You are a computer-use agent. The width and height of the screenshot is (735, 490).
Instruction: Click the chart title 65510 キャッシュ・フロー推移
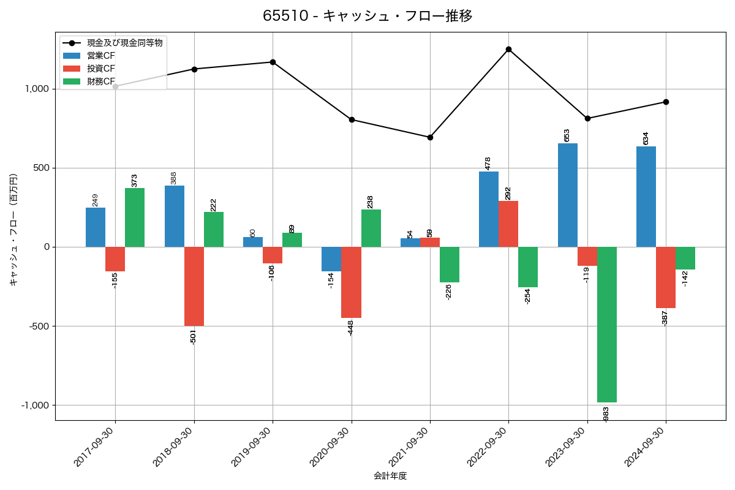tap(367, 16)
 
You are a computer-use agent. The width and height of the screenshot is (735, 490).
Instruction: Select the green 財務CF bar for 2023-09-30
tap(607, 325)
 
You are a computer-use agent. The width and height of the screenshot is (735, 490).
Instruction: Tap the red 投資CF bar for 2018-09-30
tap(194, 286)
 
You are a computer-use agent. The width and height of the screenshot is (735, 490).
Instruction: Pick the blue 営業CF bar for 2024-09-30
tap(646, 197)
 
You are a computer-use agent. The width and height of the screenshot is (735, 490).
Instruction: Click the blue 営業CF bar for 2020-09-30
tap(331, 259)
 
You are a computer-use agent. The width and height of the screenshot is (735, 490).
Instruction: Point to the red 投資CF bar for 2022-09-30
tap(508, 224)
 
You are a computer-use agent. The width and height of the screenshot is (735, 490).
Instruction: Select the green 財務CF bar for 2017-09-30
tap(135, 217)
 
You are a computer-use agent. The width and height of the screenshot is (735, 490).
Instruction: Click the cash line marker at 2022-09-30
tap(508, 49)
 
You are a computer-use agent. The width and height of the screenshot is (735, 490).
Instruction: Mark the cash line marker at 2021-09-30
tap(430, 137)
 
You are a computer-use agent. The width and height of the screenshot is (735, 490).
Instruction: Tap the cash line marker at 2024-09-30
tap(666, 102)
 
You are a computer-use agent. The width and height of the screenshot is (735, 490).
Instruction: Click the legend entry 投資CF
tap(101, 69)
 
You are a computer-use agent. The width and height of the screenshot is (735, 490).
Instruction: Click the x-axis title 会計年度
tap(390, 476)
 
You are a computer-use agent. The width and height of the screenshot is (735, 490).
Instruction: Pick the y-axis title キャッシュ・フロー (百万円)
tap(13, 230)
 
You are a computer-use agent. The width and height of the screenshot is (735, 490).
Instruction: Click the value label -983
tap(606, 413)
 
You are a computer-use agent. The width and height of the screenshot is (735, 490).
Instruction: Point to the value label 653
tap(567, 135)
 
